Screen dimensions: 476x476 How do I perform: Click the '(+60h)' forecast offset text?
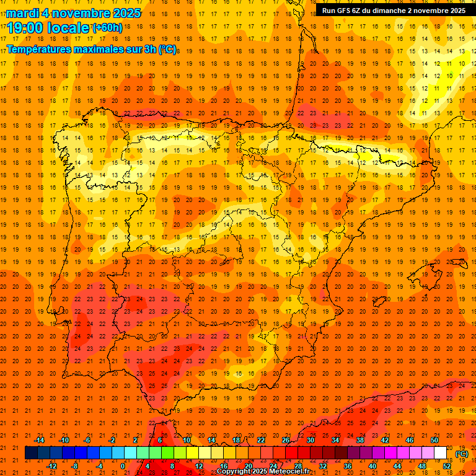coord(107,28)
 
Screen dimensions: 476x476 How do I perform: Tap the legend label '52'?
coord(447,466)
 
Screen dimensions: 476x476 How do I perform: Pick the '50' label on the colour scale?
coord(434,440)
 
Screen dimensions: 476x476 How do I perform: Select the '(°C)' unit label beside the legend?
coord(462,454)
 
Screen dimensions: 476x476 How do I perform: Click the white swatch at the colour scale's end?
coord(441,453)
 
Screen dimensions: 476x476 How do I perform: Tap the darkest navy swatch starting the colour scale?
coord(31,453)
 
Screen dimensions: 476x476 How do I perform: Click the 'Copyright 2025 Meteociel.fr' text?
coord(263,472)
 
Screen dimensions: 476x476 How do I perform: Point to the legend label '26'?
coord(286,440)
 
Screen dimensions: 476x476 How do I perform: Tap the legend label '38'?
coord(360,440)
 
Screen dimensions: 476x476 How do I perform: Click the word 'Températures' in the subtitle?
coord(36,49)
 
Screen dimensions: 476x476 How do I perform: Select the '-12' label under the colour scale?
coord(51,466)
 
